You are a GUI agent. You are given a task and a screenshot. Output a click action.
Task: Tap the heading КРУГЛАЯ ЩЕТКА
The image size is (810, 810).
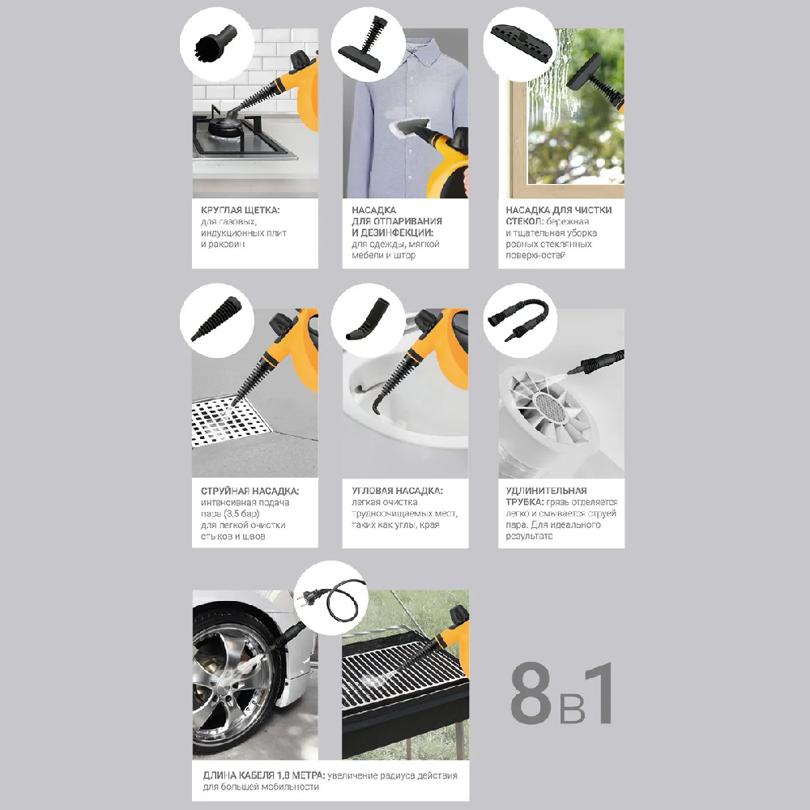point(241,210)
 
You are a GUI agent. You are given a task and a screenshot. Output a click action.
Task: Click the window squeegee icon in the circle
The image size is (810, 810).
point(517,39)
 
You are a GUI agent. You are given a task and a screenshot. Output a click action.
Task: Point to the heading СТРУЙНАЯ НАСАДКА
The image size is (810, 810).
point(249,491)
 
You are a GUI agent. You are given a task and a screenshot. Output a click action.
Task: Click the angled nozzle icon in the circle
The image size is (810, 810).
point(364,318)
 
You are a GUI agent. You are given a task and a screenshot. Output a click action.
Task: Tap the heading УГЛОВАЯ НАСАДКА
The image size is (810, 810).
point(396,491)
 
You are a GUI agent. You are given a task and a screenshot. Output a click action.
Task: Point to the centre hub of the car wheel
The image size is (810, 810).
point(232,686)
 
